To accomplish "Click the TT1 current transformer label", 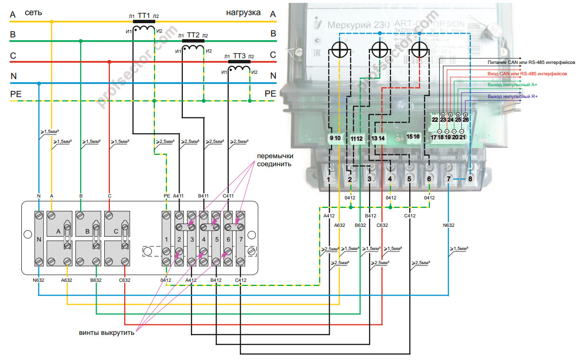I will [x=144, y=15].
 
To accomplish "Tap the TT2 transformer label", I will [x=193, y=35].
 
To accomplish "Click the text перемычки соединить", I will [x=275, y=160].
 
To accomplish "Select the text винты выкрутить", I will [x=107, y=333].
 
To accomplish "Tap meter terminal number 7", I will [x=449, y=180].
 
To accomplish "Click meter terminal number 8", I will [x=470, y=180].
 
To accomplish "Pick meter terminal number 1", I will [x=329, y=180].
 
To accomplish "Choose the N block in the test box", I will [x=39, y=239].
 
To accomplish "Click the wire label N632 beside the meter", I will [x=448, y=225].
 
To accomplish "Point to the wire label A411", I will [x=178, y=195].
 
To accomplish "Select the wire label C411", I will [x=228, y=195].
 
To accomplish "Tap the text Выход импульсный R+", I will [x=516, y=97].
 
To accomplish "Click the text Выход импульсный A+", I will [x=516, y=85].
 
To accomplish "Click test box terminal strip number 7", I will [x=241, y=239].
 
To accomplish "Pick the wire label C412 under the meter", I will [x=410, y=216].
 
